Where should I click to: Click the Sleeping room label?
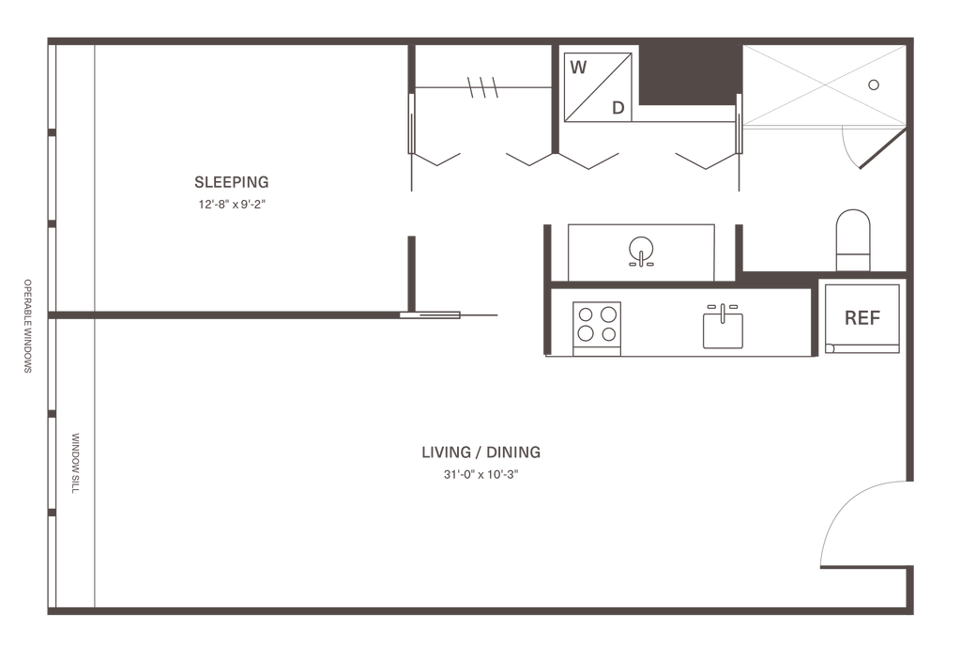click(231, 182)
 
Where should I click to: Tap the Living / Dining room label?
click(480, 453)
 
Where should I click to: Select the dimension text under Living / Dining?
click(480, 474)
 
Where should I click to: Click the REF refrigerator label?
click(862, 318)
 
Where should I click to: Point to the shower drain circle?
click(874, 84)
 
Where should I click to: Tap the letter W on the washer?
click(579, 67)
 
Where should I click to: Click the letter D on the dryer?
click(618, 107)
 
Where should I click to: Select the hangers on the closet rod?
click(482, 88)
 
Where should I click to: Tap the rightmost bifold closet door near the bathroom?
click(709, 161)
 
